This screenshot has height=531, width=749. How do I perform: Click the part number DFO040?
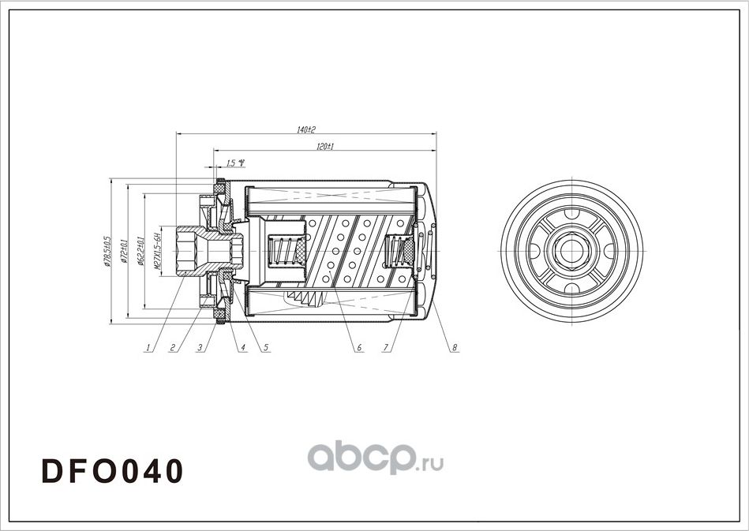pyautogui.click(x=112, y=470)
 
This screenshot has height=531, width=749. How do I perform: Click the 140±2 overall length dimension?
pyautogui.click(x=307, y=129)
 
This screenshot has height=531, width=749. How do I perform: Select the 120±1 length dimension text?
pyautogui.click(x=325, y=148)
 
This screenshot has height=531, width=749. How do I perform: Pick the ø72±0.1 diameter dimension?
pyautogui.click(x=123, y=250)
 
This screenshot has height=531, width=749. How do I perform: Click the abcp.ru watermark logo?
pyautogui.click(x=374, y=456)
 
